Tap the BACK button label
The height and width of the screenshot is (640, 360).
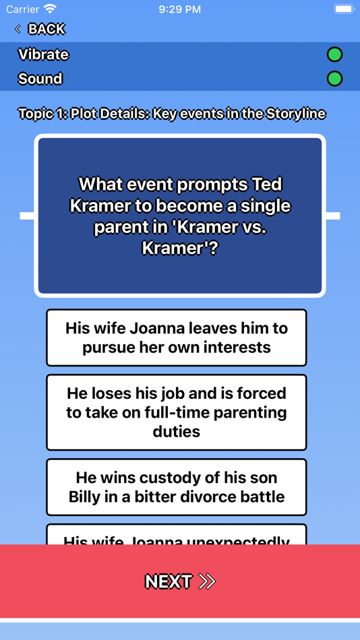(47, 29)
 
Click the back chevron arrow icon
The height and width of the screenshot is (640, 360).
(18, 29)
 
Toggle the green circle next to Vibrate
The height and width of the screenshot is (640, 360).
(334, 55)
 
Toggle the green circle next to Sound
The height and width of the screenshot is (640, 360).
(334, 79)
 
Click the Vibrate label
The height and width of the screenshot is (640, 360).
(43, 55)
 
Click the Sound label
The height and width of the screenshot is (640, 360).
(40, 79)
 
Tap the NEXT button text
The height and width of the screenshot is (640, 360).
(169, 581)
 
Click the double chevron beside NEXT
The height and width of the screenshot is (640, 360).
(207, 581)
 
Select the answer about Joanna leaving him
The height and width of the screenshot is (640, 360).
(177, 338)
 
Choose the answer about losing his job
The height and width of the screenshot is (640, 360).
(177, 412)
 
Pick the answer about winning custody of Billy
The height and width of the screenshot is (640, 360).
(177, 487)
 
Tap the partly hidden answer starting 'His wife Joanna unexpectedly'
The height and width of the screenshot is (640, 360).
(177, 537)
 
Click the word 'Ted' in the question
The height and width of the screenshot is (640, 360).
(266, 184)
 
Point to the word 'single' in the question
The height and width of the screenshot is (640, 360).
(265, 205)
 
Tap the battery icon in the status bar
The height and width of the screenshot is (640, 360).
(344, 9)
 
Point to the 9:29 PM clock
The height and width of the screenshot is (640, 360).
(180, 9)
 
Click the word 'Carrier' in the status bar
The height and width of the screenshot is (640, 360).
(23, 9)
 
